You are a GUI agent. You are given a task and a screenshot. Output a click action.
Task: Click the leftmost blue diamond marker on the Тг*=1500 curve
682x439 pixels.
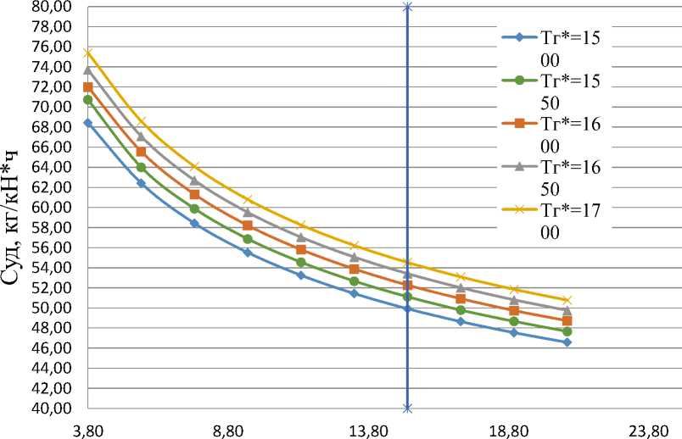coord(87,123)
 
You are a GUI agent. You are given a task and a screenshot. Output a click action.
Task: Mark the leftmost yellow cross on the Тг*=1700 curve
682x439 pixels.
coord(87,53)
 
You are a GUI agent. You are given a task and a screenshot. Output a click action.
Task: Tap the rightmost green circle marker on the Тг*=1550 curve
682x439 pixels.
coord(567,331)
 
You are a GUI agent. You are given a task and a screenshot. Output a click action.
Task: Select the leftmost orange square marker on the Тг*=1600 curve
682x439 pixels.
coord(87,87)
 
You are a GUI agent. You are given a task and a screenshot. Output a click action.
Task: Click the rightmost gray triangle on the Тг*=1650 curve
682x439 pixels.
coord(567,311)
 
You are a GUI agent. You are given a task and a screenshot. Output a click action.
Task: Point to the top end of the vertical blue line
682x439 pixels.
coord(408,7)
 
